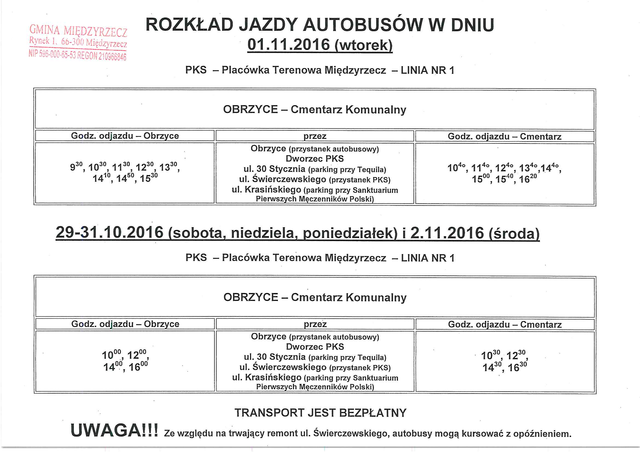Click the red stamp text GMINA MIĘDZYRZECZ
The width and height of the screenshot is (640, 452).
click(x=78, y=31)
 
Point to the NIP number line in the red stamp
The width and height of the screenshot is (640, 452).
click(x=77, y=55)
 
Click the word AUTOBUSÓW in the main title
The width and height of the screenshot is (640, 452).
click(x=363, y=25)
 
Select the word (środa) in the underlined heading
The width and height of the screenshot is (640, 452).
click(x=514, y=233)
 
